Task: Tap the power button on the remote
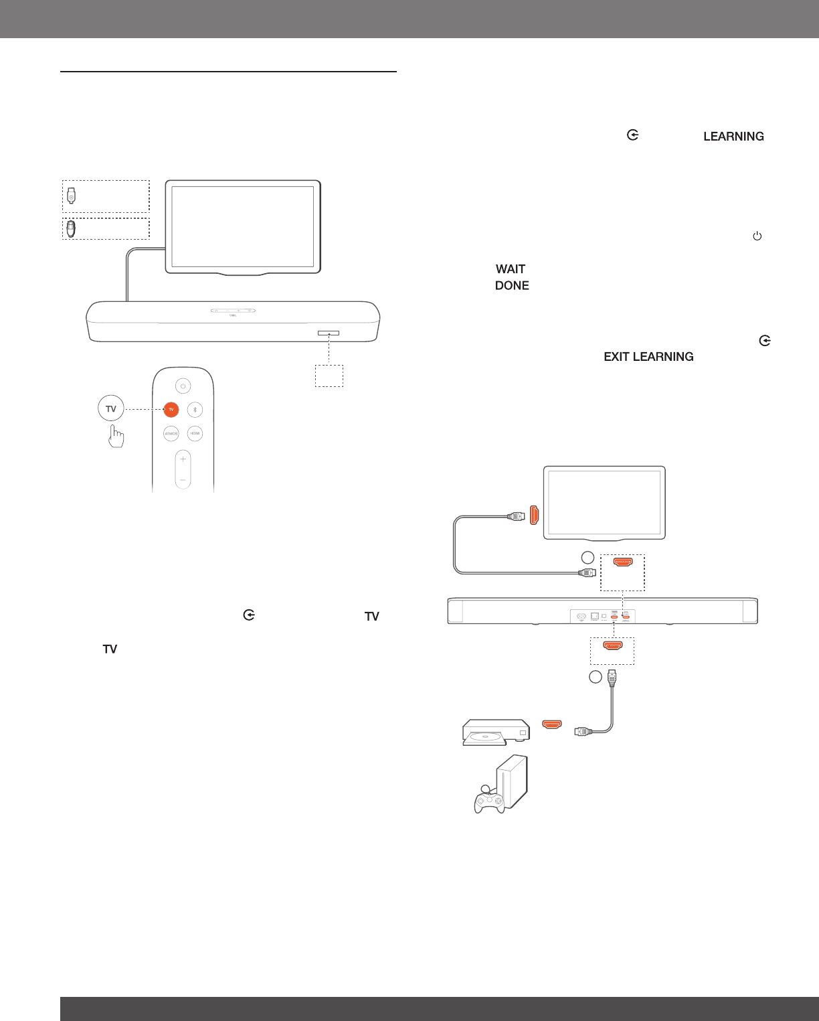(x=183, y=386)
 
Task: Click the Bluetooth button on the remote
(x=195, y=410)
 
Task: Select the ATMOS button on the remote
(x=171, y=434)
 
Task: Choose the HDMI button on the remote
(x=195, y=434)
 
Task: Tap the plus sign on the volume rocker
(x=183, y=459)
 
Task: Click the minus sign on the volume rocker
(x=183, y=480)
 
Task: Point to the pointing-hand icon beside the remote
(x=116, y=436)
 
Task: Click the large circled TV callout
(x=111, y=409)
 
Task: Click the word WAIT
(x=511, y=269)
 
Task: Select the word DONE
(x=512, y=286)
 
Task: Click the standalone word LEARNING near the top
(x=733, y=137)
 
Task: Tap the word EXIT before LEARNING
(x=617, y=357)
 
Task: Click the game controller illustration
(x=489, y=801)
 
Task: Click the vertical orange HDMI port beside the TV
(x=534, y=515)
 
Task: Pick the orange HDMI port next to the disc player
(x=552, y=724)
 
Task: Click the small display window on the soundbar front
(x=329, y=333)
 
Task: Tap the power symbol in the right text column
(x=757, y=236)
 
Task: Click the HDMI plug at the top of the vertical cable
(x=611, y=678)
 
